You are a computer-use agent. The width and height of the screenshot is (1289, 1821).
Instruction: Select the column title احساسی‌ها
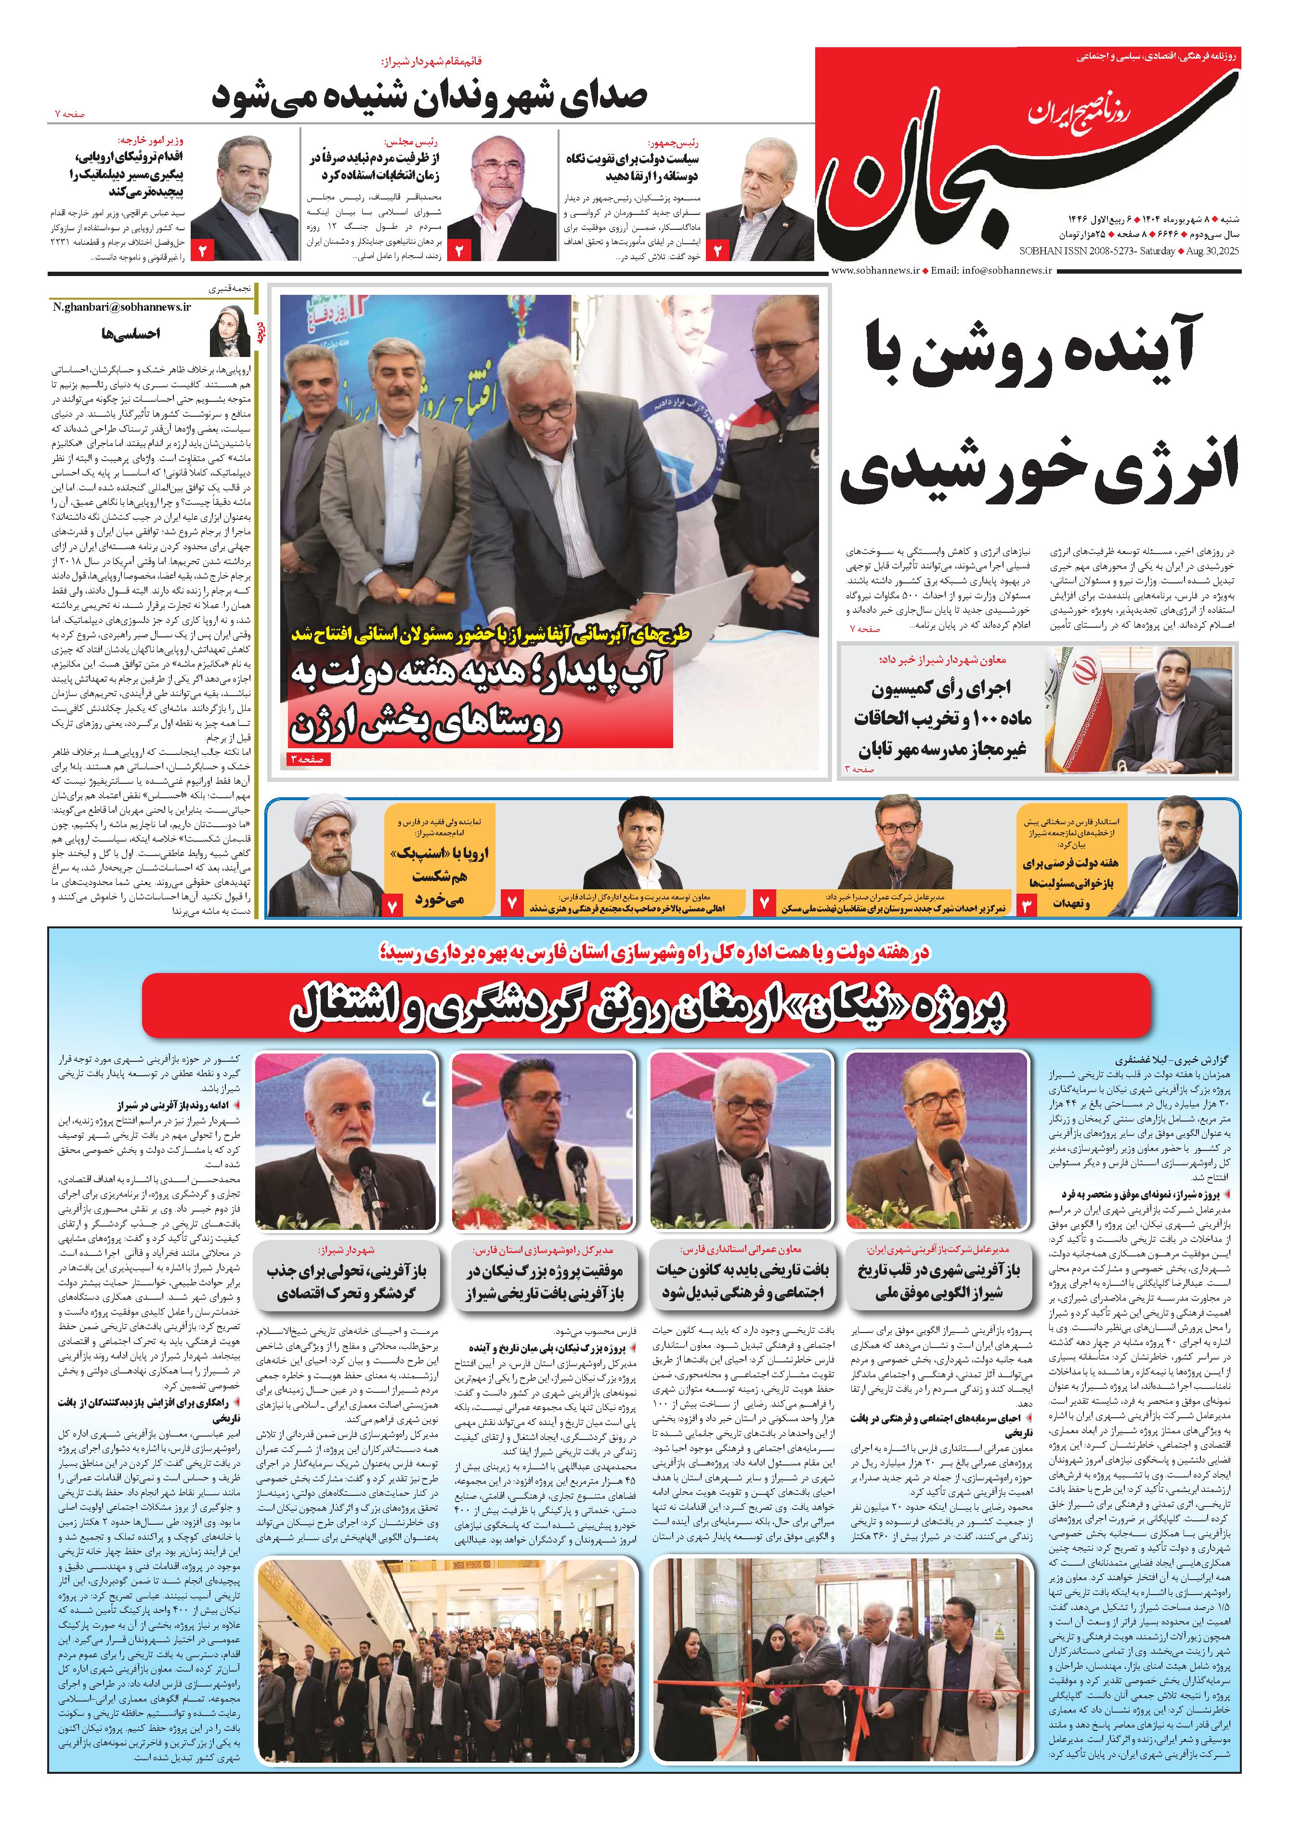pyautogui.click(x=131, y=333)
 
